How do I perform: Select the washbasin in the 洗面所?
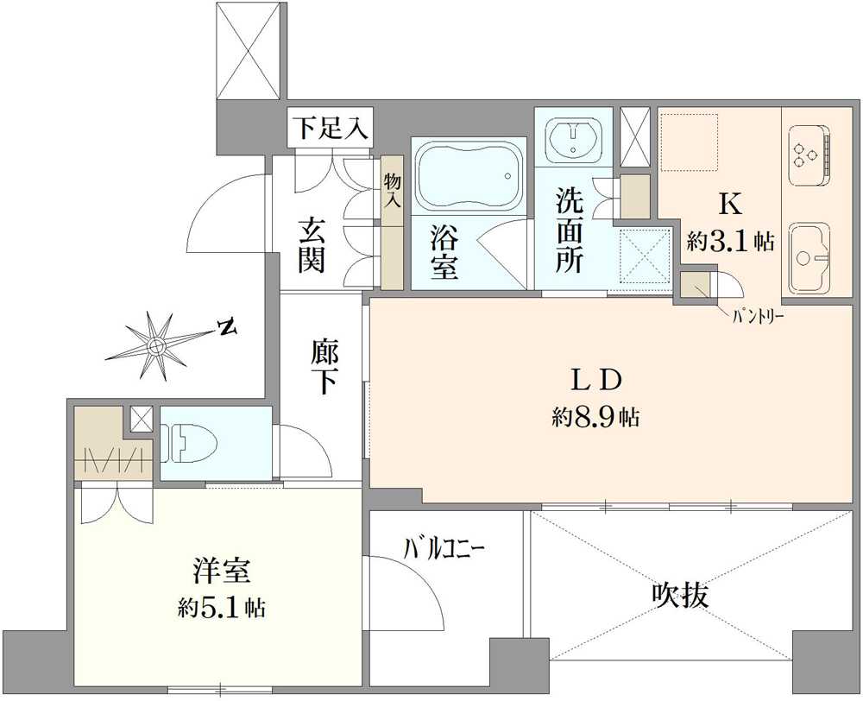pos(572,138)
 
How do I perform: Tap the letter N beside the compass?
pos(226,327)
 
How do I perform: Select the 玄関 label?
pos(312,245)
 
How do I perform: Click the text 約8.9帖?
pos(595,419)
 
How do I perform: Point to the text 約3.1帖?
pos(729,242)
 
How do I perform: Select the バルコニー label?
pos(445,547)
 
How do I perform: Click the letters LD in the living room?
pos(595,380)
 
